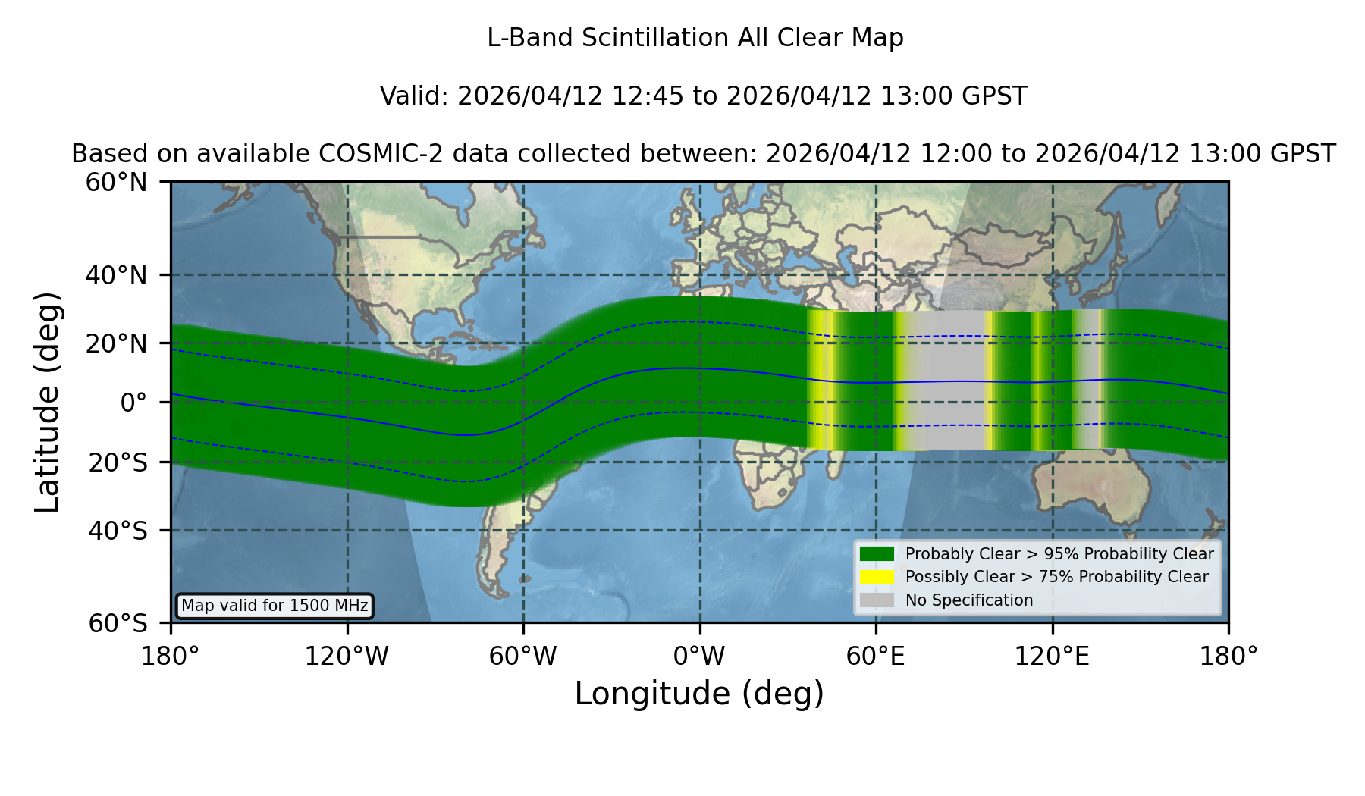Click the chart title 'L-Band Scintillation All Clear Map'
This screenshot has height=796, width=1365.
(695, 38)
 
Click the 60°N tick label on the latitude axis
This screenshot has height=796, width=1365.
(116, 182)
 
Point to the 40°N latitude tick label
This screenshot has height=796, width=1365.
(116, 275)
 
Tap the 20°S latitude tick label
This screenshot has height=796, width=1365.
(118, 462)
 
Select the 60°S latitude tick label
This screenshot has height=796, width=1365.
(118, 623)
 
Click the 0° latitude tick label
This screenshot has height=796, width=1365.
(133, 403)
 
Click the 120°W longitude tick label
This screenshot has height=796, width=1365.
(347, 657)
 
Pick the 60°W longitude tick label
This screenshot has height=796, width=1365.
(523, 657)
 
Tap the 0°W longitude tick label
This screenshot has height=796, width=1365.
(699, 657)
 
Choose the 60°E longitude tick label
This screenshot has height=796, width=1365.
(876, 657)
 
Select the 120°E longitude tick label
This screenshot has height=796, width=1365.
(1052, 657)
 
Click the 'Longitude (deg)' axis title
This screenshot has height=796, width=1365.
(699, 694)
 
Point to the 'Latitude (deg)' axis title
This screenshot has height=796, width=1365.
(47, 402)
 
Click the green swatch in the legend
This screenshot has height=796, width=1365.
(877, 553)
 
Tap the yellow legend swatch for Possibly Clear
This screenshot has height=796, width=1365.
(877, 577)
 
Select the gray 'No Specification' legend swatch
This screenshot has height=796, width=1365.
(877, 600)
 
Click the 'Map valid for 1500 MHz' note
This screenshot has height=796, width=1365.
(275, 606)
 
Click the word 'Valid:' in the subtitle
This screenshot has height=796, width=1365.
(415, 96)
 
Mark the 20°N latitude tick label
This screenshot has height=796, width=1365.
(116, 343)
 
